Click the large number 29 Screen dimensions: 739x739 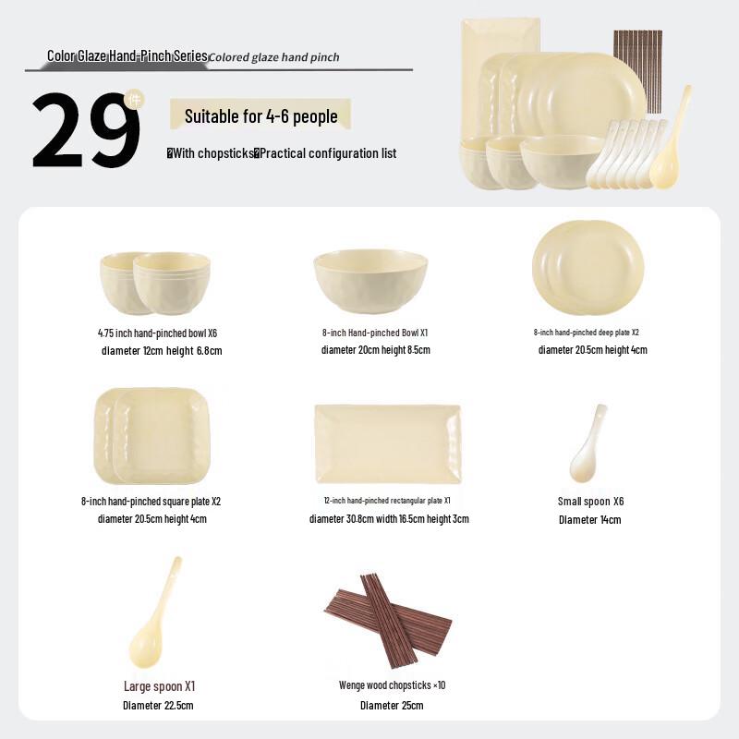click(x=85, y=130)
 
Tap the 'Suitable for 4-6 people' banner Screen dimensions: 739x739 click(x=260, y=116)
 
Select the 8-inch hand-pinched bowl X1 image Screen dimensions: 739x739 click(x=370, y=281)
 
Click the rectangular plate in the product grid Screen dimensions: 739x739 click(x=387, y=443)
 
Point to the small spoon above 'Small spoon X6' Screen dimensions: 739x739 click(x=588, y=444)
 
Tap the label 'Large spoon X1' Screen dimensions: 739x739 click(x=160, y=686)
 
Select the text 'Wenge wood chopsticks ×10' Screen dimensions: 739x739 click(x=392, y=685)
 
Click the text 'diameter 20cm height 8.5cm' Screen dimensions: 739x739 click(x=375, y=350)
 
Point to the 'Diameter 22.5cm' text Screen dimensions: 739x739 click(x=158, y=706)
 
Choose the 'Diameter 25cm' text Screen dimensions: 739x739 click(x=392, y=706)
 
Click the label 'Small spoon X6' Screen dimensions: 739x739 click(x=590, y=502)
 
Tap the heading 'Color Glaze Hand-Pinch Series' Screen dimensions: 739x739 click(x=127, y=56)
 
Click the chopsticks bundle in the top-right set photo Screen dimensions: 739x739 click(x=637, y=69)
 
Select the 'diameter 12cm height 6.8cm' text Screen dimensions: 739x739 click(x=162, y=351)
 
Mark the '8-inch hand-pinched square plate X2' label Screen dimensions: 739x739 click(x=151, y=502)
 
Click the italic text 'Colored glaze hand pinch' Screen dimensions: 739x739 click(x=274, y=57)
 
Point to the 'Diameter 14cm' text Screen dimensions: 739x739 click(x=589, y=520)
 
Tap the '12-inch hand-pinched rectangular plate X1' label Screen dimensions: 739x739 click(x=387, y=501)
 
